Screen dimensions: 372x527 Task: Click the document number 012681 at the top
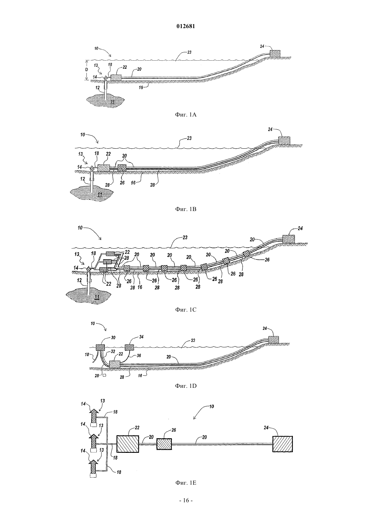pos(186,26)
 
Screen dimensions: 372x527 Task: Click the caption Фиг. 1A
pos(186,115)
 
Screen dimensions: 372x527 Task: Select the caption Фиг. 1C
pos(186,310)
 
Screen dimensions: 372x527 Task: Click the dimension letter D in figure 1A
pos(87,70)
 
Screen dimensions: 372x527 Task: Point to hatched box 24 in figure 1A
pos(275,54)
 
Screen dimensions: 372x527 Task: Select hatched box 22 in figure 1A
pos(116,78)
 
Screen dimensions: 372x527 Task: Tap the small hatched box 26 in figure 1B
pos(122,168)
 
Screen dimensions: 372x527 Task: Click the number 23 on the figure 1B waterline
pos(189,138)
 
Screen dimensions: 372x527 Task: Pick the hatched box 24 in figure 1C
pos(288,239)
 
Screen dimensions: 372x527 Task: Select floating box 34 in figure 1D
pos(129,347)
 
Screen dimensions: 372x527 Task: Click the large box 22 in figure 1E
pos(128,444)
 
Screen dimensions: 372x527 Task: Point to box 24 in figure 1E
pos(282,444)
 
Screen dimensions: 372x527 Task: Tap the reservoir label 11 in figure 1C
pos(97,297)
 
